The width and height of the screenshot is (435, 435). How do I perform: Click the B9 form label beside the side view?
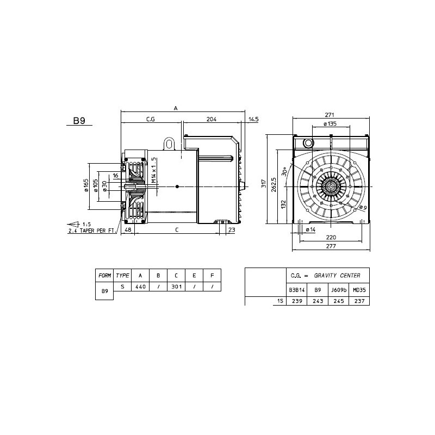pyautogui.click(x=79, y=121)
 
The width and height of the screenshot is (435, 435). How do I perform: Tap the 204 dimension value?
pyautogui.click(x=212, y=119)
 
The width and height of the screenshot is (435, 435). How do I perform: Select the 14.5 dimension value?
pyautogui.click(x=253, y=120)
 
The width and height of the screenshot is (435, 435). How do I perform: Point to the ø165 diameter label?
pyautogui.click(x=86, y=185)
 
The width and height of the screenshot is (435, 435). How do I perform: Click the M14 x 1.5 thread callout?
pyautogui.click(x=154, y=170)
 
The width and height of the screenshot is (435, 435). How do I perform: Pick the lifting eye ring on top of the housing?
pyautogui.click(x=169, y=144)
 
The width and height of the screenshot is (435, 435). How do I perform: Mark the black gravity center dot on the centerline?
pyautogui.click(x=177, y=187)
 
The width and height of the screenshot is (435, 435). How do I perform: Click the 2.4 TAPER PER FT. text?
pyautogui.click(x=91, y=231)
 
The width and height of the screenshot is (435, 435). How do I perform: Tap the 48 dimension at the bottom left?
pyautogui.click(x=128, y=229)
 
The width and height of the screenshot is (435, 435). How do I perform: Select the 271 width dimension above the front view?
pyautogui.click(x=330, y=115)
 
